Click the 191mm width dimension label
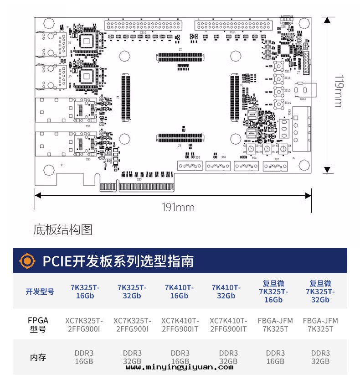tap(178, 208)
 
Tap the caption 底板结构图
tap(63, 229)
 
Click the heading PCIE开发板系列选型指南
tap(118, 261)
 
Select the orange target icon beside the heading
tap(28, 260)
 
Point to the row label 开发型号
tap(40, 292)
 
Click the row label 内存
tap(38, 357)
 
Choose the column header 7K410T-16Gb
tap(179, 292)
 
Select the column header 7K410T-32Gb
tap(226, 292)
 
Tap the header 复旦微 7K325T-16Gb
tap(273, 292)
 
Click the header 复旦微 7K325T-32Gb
tap(320, 292)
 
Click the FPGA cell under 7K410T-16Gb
tap(180, 324)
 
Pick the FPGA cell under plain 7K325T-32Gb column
tap(132, 324)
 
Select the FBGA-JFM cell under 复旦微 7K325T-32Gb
tap(320, 324)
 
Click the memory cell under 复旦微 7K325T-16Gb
tap(275, 357)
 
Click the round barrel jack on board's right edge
tap(304, 90)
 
